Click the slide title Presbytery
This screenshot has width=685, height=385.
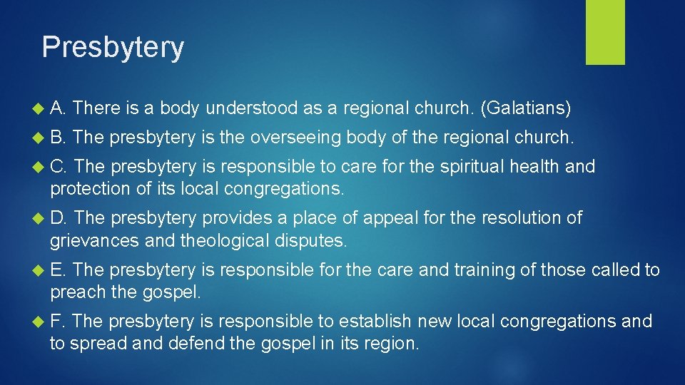[113, 47]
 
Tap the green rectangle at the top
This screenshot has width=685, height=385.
[605, 32]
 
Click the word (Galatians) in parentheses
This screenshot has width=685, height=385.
[527, 108]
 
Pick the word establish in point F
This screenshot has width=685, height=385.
[377, 322]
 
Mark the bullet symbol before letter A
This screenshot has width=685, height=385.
[38, 109]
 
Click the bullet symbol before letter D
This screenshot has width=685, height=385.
[38, 218]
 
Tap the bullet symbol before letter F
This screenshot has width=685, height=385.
[38, 322]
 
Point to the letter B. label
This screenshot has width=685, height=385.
[58, 138]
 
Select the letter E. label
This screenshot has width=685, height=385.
[58, 269]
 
